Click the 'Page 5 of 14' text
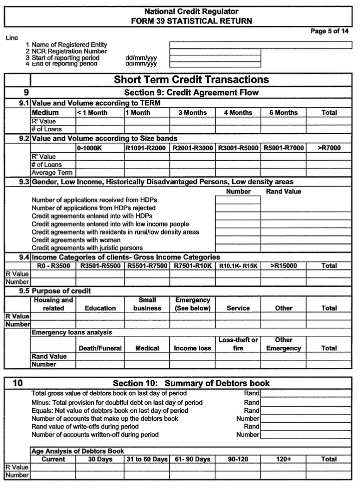click(330, 31)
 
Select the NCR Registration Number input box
click(215, 51)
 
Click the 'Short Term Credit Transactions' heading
click(191, 79)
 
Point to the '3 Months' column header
click(192, 113)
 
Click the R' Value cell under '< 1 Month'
click(99, 121)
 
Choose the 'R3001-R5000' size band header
click(238, 148)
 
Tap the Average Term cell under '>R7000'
click(329, 173)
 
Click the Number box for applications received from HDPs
click(238, 200)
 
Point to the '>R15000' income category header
click(283, 266)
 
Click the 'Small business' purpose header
click(147, 304)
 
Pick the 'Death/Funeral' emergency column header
click(100, 348)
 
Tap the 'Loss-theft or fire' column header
click(238, 344)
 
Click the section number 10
click(17, 383)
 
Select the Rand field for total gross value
click(306, 394)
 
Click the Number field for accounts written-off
click(306, 435)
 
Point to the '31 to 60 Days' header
click(147, 459)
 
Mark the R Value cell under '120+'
click(283, 468)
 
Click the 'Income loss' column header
click(192, 348)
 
